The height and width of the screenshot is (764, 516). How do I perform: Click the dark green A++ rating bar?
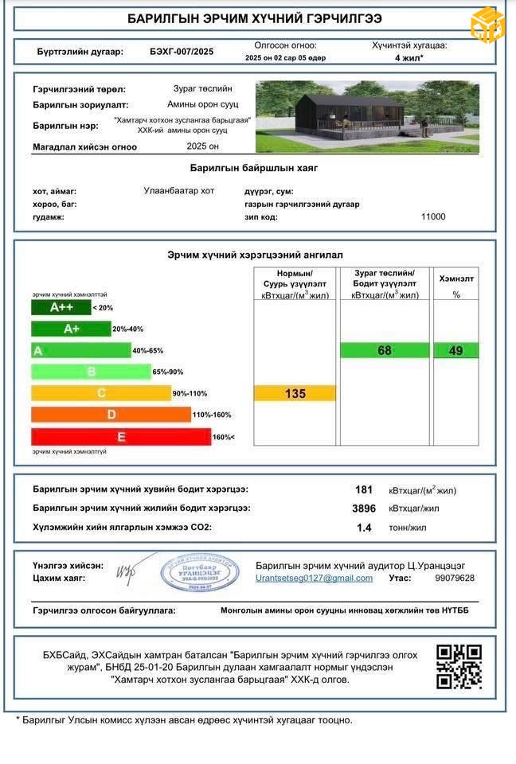(61, 307)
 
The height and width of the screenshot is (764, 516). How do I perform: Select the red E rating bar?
(121, 437)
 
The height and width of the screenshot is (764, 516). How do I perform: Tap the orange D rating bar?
(111, 415)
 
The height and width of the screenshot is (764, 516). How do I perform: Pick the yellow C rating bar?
(101, 393)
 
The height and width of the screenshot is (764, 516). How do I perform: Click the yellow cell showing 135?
(295, 393)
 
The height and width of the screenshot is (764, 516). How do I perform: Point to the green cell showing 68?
(385, 350)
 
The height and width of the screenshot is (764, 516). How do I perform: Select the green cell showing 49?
(455, 350)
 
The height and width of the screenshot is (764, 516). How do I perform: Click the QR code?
(459, 666)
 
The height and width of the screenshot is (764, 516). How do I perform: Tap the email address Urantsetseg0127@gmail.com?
(314, 578)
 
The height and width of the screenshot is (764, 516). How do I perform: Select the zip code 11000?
(433, 216)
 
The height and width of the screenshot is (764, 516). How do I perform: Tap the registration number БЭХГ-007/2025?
(182, 52)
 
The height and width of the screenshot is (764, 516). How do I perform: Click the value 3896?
(363, 508)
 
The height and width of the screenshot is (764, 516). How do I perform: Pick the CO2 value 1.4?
(364, 527)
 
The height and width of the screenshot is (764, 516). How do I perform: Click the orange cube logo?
(487, 25)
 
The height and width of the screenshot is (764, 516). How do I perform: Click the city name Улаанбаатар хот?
(178, 191)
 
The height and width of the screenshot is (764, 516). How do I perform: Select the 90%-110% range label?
(189, 393)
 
